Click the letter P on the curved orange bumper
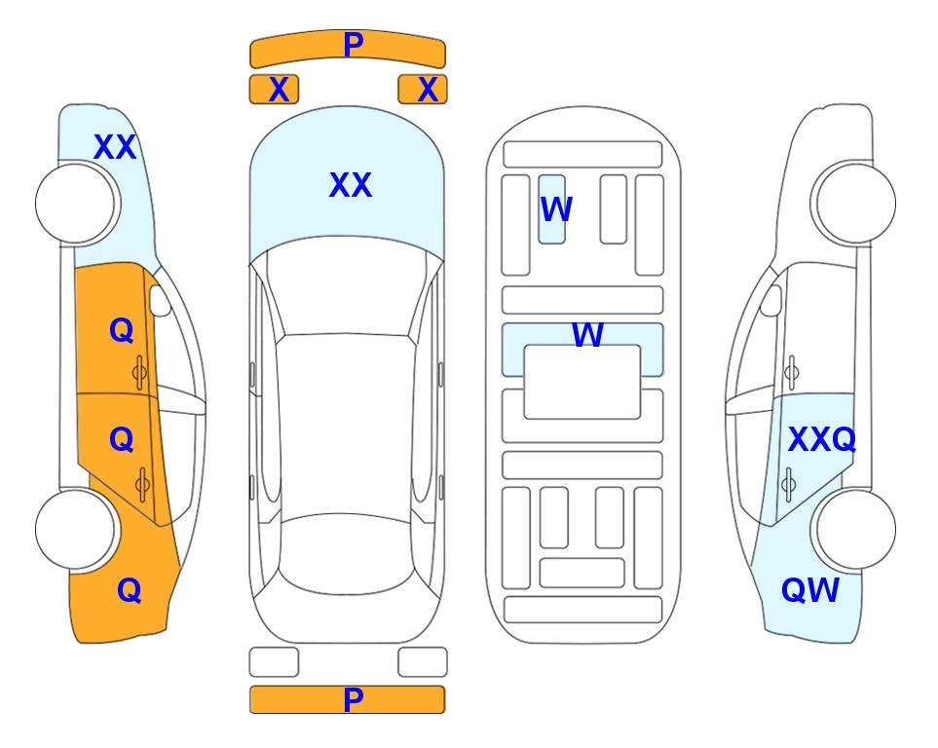[x=353, y=44]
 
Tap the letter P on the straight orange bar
[x=353, y=699]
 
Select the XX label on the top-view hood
[x=351, y=185]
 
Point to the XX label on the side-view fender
[x=115, y=147]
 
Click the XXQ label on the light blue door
[x=822, y=440]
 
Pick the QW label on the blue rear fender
[x=810, y=590]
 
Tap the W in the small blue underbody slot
[x=556, y=209]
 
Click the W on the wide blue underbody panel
[x=587, y=335]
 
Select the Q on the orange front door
[x=122, y=330]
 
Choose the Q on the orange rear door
[x=122, y=440]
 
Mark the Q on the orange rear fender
[x=130, y=590]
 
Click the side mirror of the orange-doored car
[x=160, y=300]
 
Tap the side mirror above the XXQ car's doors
[x=770, y=300]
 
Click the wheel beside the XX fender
[x=76, y=204]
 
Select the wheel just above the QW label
[x=853, y=529]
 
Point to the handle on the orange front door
[x=139, y=373]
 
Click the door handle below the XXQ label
[x=789, y=485]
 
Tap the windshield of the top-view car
[x=347, y=292]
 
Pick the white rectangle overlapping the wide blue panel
[x=582, y=382]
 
